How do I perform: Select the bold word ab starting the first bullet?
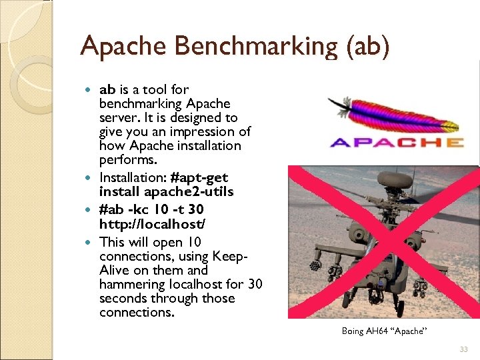coord(107,89)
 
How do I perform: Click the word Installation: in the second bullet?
coord(133,177)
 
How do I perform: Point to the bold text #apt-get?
coord(199,177)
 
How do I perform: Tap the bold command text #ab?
coord(111,206)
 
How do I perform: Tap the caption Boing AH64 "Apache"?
coord(383,331)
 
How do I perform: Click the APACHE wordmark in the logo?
coord(397,141)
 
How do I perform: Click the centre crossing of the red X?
coord(382,241)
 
